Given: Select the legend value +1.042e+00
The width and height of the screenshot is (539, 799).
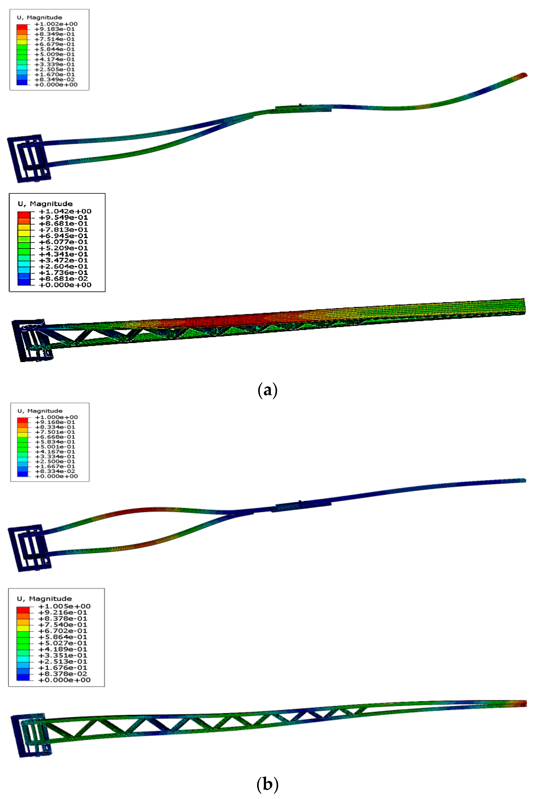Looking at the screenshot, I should pyautogui.click(x=65, y=211).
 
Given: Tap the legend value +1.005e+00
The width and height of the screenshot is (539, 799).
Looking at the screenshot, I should pyautogui.click(x=64, y=606).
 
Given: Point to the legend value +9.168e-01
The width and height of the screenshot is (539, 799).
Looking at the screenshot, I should pyautogui.click(x=55, y=422).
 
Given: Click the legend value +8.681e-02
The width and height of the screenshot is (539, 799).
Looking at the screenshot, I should pyautogui.click(x=63, y=279).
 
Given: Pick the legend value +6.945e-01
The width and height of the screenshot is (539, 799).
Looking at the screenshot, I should pyautogui.click(x=63, y=236).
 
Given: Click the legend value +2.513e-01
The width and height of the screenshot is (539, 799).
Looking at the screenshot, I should pyautogui.click(x=63, y=662).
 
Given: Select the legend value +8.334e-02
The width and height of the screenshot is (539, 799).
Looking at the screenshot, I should pyautogui.click(x=55, y=471).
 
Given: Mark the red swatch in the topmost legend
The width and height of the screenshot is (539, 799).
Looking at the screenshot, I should pyautogui.click(x=22, y=27).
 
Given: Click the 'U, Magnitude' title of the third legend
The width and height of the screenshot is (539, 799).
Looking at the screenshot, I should pyautogui.click(x=40, y=411).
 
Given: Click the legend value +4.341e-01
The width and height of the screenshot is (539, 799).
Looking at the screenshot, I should pyautogui.click(x=63, y=254).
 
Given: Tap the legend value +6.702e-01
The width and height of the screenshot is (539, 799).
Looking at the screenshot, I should pyautogui.click(x=63, y=631).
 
